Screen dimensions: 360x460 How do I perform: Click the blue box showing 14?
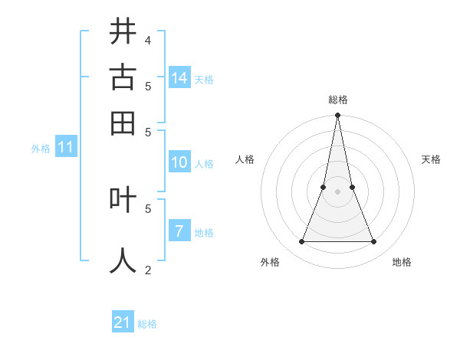(x=179, y=77)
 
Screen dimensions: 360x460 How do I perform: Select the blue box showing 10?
(x=179, y=162)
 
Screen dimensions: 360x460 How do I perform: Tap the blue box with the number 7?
(x=179, y=231)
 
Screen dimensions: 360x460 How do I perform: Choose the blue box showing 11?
(x=65, y=147)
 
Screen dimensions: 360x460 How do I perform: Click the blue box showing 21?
(x=123, y=322)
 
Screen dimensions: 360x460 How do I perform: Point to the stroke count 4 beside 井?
(x=148, y=40)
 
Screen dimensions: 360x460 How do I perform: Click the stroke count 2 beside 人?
(x=148, y=269)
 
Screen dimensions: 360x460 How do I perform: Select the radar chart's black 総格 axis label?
(x=338, y=100)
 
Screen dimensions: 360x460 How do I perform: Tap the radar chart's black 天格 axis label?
(x=431, y=159)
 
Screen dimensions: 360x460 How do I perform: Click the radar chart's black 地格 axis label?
(x=402, y=262)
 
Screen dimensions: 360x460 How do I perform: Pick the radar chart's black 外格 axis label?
(x=270, y=262)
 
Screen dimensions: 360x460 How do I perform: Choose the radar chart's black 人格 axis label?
(x=245, y=159)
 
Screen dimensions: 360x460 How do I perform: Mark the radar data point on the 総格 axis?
(x=337, y=116)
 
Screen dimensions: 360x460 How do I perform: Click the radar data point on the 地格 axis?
(x=374, y=242)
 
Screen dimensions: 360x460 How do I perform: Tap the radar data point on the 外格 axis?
(x=301, y=242)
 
